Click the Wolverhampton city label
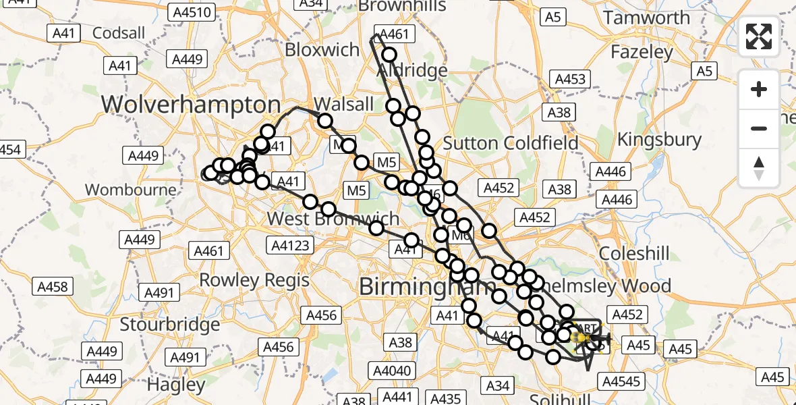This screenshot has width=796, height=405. point(191,105)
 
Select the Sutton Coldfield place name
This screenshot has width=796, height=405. point(511,143)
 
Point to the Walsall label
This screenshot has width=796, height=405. point(343,104)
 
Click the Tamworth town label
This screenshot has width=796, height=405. point(647,18)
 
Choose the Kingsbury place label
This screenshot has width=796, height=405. point(660,140)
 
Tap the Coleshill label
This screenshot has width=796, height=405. point(634,254)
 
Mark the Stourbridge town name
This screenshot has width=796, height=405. point(169,324)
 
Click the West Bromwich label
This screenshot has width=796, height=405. point(333,219)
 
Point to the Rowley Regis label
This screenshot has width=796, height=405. point(254,279)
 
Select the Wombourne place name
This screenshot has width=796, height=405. point(131,189)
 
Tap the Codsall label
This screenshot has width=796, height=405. point(119,32)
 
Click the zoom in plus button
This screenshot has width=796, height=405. point(759,89)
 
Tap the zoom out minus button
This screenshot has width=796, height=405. point(759,128)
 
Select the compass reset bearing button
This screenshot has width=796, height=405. point(759,167)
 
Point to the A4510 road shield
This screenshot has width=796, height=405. point(194,12)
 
